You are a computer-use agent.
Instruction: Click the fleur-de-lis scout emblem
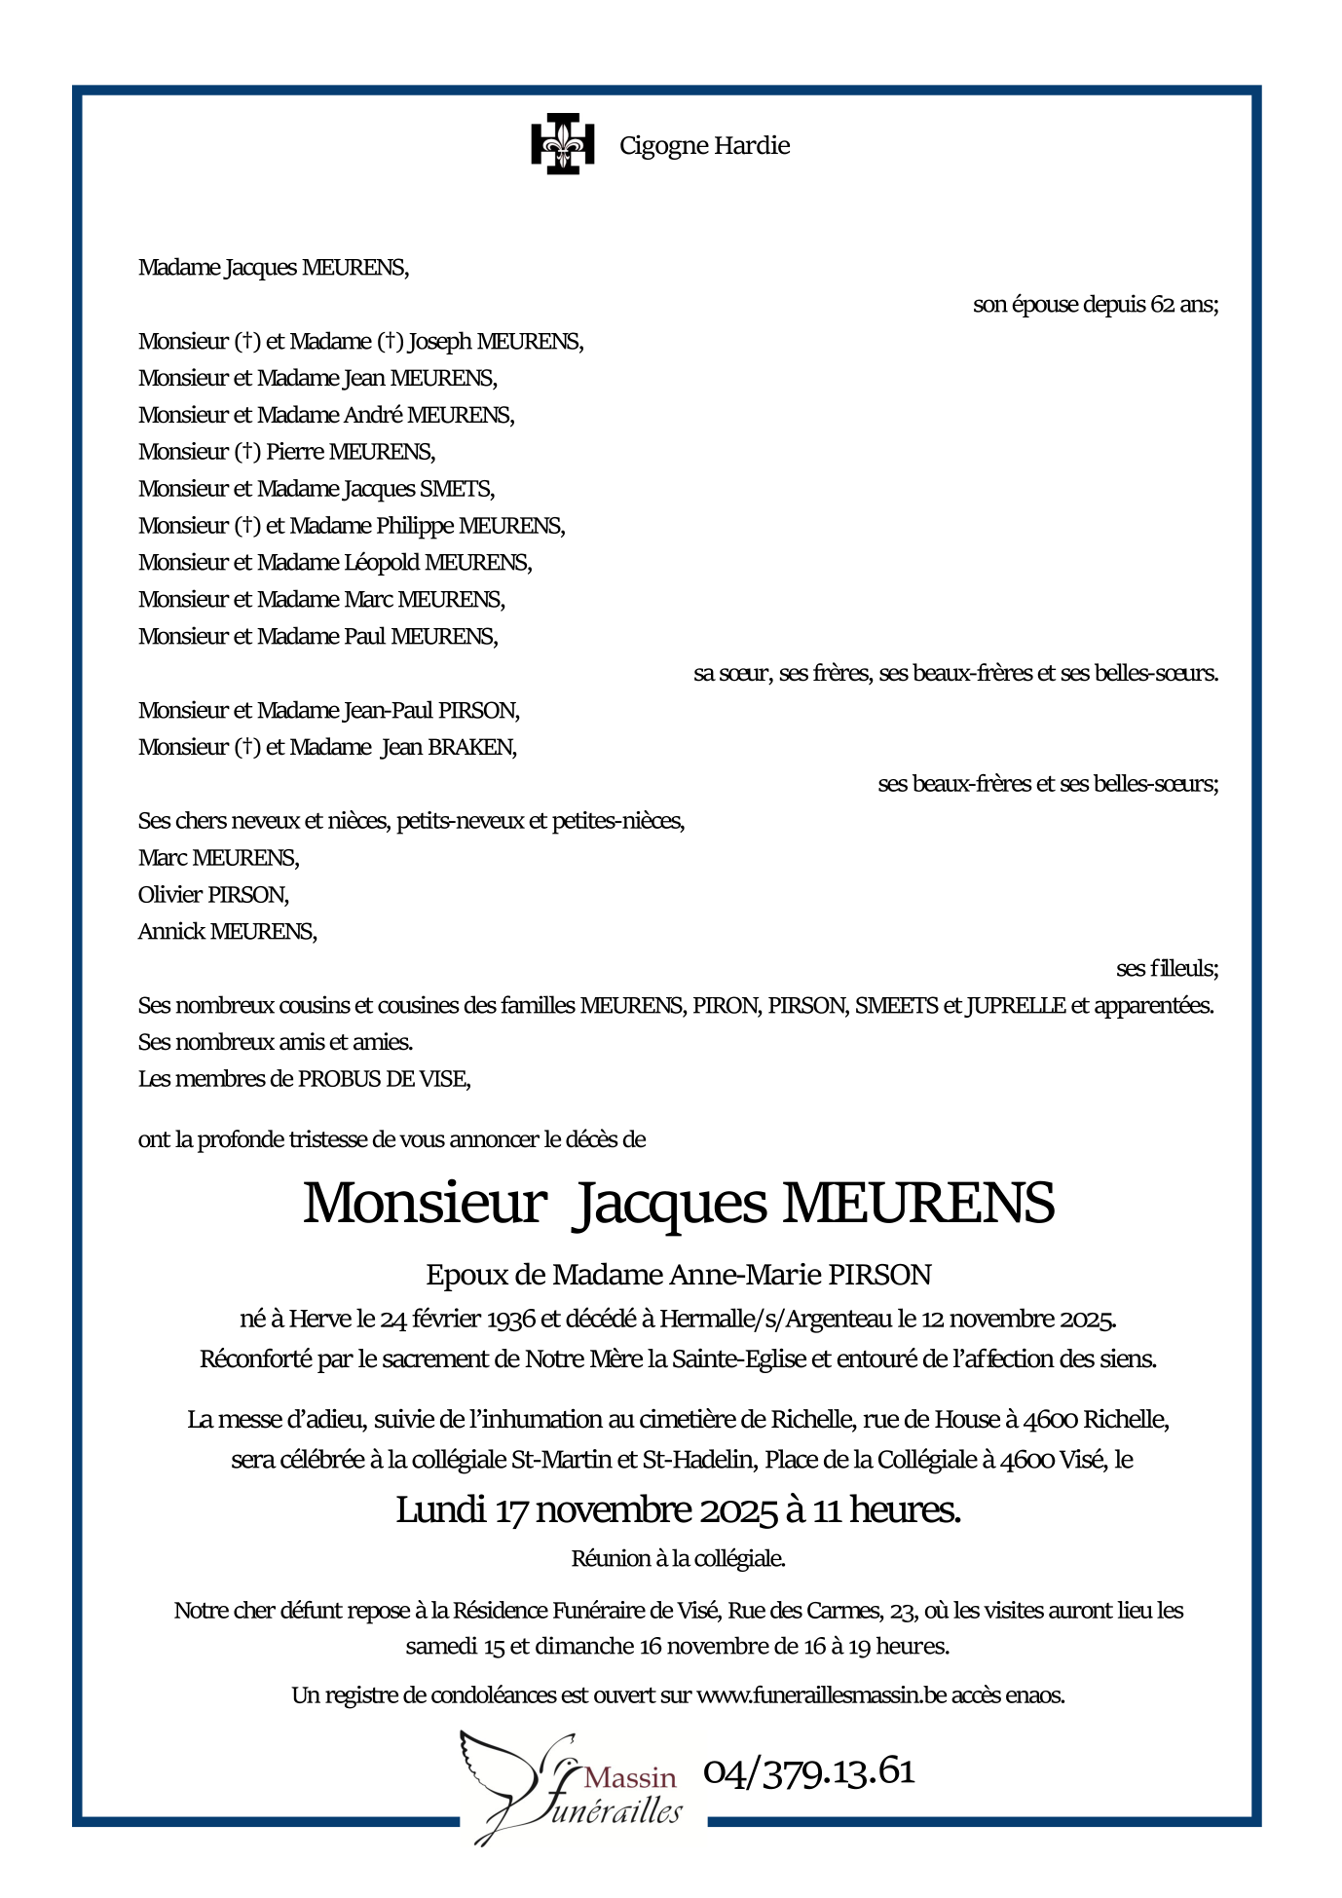click(562, 144)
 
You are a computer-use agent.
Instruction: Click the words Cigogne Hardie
click(704, 146)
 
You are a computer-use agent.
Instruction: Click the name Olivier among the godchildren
click(170, 895)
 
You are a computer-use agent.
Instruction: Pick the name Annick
click(171, 932)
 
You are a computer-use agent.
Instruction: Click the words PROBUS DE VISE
click(383, 1080)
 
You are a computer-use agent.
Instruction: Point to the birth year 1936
click(510, 1320)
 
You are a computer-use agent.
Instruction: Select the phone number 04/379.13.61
click(808, 1771)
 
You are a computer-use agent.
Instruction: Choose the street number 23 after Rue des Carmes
click(902, 1612)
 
